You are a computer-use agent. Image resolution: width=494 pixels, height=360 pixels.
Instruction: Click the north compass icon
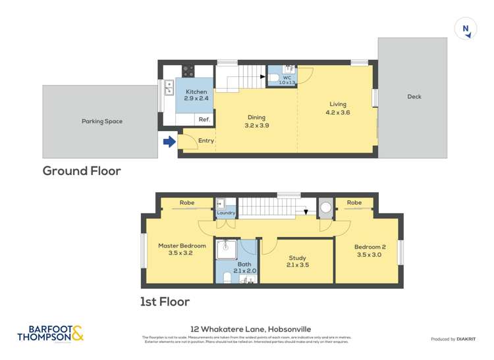pos(466,28)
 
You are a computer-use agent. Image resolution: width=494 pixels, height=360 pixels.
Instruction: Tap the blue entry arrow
pos(169,141)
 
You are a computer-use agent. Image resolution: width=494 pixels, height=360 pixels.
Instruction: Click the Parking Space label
pos(102,121)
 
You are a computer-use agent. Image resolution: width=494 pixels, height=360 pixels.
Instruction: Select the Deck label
pos(414,97)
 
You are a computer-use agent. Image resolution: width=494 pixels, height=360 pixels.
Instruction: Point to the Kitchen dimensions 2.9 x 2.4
pos(196,99)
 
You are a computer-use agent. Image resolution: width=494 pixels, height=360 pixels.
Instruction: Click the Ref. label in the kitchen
pos(204,119)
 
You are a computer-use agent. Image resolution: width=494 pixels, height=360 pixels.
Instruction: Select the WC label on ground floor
pos(287,77)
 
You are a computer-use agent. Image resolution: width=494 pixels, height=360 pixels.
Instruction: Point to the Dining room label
pos(256,117)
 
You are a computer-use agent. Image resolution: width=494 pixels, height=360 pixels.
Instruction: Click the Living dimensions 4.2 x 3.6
pos(337,113)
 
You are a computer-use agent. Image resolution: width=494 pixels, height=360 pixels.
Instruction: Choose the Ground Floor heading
pos(82,171)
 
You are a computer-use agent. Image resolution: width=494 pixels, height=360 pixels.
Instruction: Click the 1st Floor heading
pos(165,302)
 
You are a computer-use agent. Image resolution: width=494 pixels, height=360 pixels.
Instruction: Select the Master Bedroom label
pos(182,245)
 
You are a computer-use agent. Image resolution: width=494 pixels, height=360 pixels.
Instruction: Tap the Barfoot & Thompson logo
pos(51,334)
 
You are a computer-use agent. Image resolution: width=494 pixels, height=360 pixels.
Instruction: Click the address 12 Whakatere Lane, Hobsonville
pos(250,329)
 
